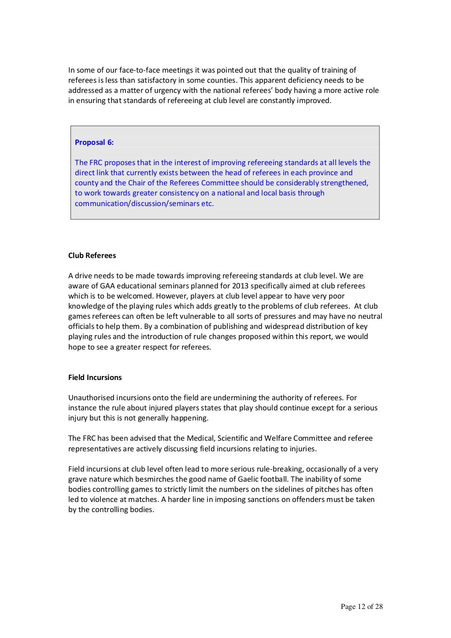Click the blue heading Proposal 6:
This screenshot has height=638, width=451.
tap(94, 142)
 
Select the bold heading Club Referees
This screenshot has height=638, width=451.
tap(92, 255)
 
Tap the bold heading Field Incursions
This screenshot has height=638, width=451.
tap(95, 377)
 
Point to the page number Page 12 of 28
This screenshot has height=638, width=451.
tap(362, 607)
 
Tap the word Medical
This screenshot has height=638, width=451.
tap(200, 438)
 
